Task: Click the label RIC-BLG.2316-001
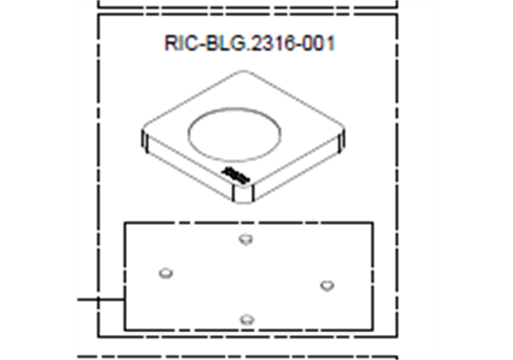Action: (249, 43)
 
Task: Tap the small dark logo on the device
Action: (236, 175)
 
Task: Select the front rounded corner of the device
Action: (243, 193)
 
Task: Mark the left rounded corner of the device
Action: (145, 140)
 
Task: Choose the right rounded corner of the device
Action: (341, 140)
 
